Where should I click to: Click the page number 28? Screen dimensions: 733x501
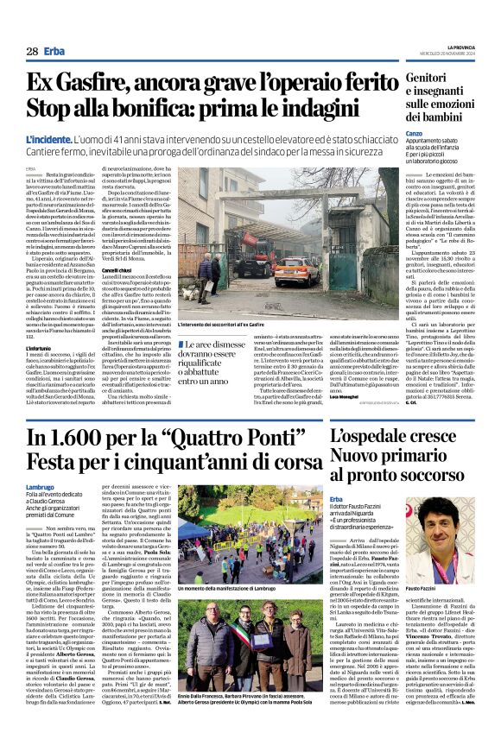(x=31, y=51)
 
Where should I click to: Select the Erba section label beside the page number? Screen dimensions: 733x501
(x=55, y=51)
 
